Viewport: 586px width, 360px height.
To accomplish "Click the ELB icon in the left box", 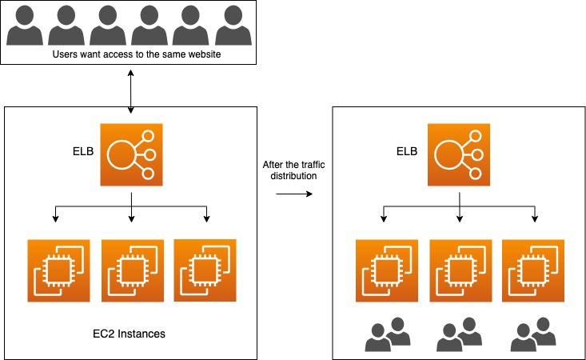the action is [131, 154].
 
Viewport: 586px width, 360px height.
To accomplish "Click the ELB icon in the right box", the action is [459, 154].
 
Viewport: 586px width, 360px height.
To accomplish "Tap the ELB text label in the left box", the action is [83, 151].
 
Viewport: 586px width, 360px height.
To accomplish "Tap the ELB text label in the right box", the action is [407, 151].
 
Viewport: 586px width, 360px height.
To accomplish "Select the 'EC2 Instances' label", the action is [129, 334].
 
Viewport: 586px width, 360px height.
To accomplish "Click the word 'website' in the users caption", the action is [204, 54].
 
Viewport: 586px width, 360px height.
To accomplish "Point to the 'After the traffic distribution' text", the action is [293, 170].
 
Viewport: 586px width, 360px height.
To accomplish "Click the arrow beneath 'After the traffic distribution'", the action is [294, 194].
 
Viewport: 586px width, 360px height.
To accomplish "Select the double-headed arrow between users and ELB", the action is [131, 91].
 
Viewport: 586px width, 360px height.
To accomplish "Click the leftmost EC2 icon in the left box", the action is [58, 270].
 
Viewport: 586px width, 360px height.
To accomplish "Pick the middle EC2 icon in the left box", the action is [133, 270].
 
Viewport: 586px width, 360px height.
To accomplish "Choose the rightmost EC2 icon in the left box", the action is [205, 270].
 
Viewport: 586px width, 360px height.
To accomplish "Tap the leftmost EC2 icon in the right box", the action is [387, 270].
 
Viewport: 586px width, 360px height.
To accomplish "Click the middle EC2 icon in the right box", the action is [460, 270].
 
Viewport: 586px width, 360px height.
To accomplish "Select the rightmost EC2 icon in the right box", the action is [533, 270].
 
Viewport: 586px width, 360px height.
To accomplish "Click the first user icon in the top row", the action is [25, 26].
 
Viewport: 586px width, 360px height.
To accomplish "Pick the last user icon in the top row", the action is [233, 26].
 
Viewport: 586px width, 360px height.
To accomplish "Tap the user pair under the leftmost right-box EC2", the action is [388, 334].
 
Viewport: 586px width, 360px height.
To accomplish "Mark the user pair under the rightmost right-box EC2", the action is [533, 334].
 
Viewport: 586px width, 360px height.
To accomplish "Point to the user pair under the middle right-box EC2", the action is [460, 334].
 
